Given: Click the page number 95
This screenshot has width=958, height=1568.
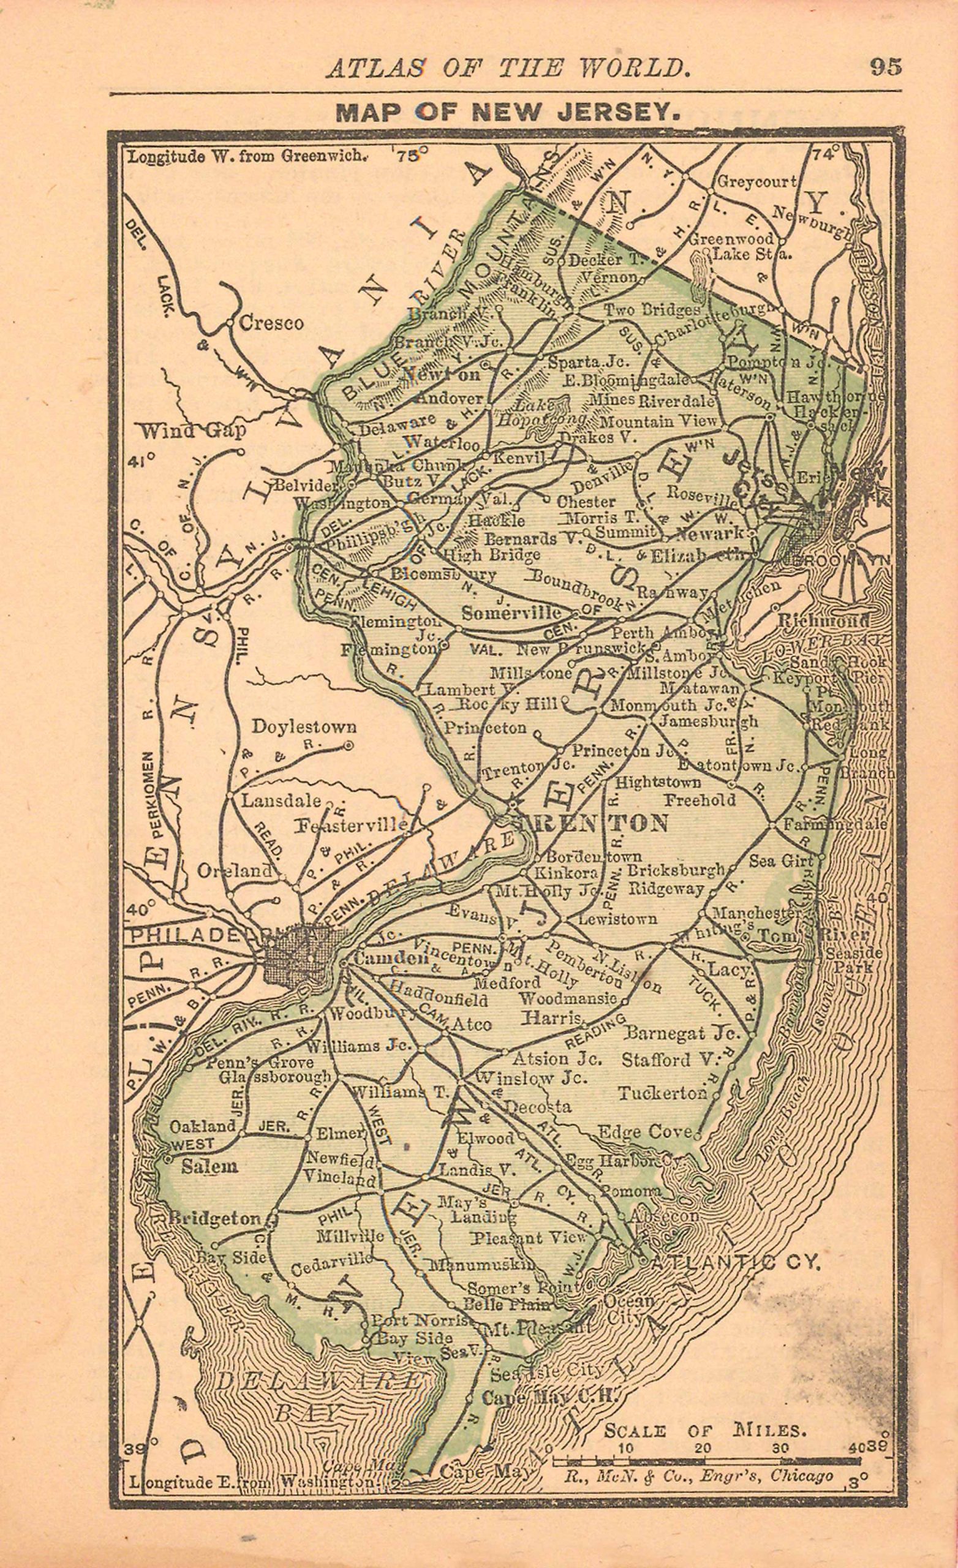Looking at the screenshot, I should pos(886,67).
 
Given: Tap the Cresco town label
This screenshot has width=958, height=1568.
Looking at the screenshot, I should pos(271,323).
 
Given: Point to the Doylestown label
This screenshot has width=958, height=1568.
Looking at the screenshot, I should pos(304,726).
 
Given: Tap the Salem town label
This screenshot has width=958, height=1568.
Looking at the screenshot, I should pos(209,1166).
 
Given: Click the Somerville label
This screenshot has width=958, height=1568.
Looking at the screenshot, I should pos(512,613).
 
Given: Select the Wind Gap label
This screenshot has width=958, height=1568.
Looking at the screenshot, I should pos(192,431).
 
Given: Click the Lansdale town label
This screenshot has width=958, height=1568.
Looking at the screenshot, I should pos(281,801).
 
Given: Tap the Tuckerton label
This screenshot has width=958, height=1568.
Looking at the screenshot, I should pos(662,1093).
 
